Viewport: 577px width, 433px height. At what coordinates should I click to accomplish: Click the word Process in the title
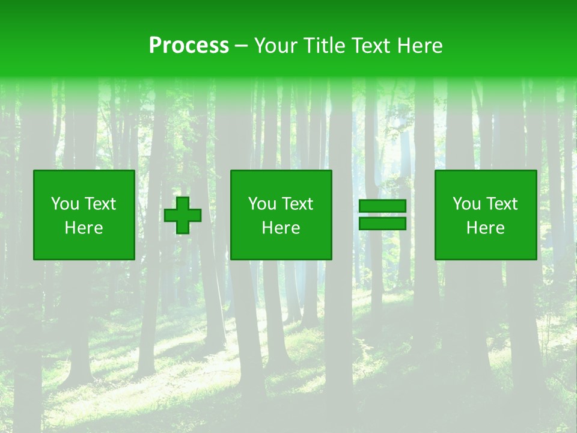[x=189, y=46]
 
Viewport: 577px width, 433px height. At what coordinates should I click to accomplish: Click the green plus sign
[x=183, y=215]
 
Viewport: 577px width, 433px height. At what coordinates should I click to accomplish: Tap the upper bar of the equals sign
[x=382, y=206]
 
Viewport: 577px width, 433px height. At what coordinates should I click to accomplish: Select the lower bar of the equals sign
[x=382, y=224]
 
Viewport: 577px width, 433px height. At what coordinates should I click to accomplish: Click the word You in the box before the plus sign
[x=65, y=204]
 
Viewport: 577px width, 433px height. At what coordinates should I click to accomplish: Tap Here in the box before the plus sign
[x=84, y=228]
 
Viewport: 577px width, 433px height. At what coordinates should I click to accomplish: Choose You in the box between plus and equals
[x=262, y=204]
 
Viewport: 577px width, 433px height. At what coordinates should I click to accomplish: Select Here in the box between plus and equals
[x=281, y=228]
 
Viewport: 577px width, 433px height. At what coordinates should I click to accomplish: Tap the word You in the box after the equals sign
[x=466, y=204]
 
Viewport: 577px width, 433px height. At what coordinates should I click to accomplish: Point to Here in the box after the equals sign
[x=485, y=228]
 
